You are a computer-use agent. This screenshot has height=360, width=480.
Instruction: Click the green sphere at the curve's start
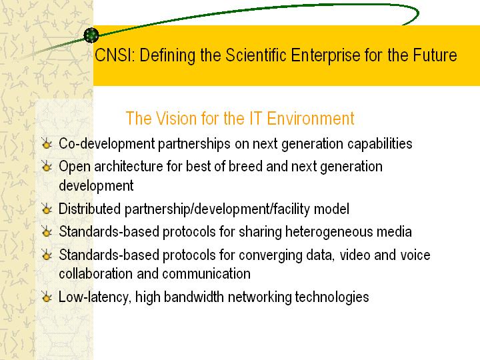(91, 35)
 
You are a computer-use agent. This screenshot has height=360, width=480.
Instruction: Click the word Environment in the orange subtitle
(311, 119)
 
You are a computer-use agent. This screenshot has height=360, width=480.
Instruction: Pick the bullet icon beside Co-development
(47, 143)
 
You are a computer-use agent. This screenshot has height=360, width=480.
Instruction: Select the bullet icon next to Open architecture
(47, 166)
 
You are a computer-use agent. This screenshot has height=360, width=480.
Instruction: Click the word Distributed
(90, 209)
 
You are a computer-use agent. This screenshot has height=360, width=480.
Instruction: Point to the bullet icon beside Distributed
(47, 209)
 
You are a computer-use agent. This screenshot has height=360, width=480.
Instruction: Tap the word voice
(415, 255)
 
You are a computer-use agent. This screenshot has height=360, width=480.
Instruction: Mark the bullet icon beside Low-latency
(47, 297)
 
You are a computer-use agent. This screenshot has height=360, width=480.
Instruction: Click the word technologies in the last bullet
(332, 297)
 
